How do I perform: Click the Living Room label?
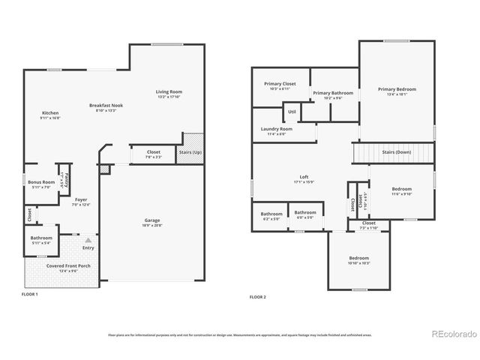click(x=169, y=91)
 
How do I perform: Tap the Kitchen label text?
click(x=49, y=113)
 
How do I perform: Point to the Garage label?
click(x=152, y=220)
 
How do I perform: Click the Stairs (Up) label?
click(x=190, y=152)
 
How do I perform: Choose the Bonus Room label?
click(x=42, y=181)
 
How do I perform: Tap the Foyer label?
click(x=80, y=200)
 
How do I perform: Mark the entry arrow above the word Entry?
click(x=88, y=239)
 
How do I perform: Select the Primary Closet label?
click(x=279, y=83)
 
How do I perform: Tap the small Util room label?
click(x=292, y=112)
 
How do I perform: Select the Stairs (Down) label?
click(x=397, y=151)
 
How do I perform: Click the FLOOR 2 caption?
click(x=257, y=297)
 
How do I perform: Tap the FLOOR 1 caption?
click(x=29, y=295)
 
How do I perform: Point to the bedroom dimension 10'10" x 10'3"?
click(x=360, y=262)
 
